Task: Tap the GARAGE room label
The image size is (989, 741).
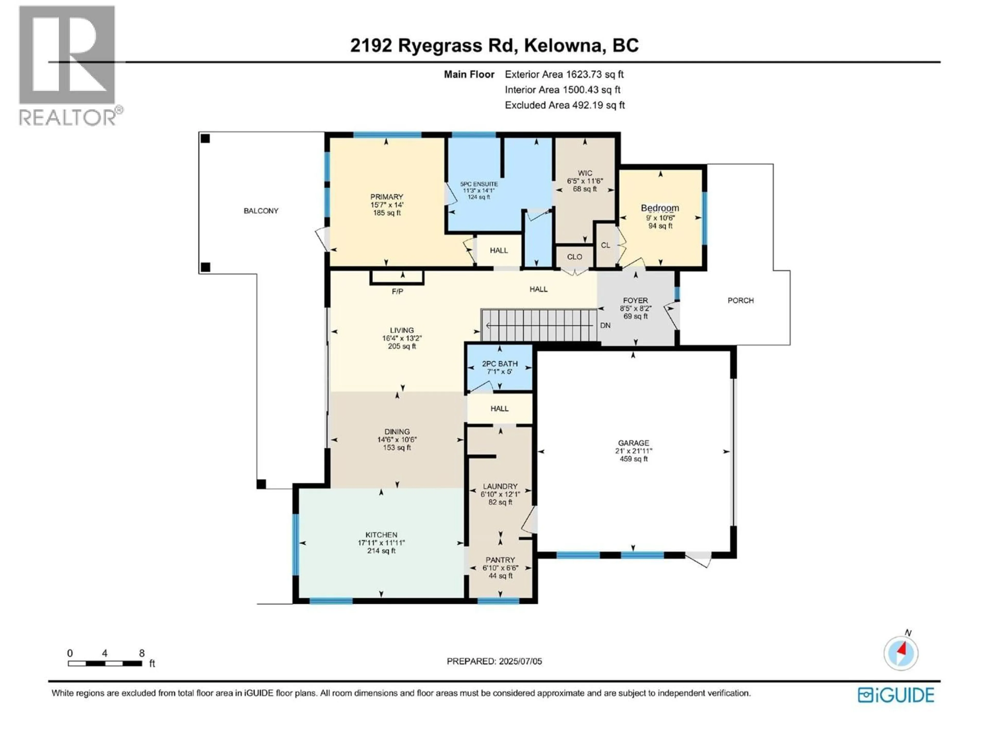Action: (633, 443)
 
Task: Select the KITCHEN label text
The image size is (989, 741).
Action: (381, 535)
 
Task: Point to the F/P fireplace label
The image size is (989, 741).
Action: (397, 292)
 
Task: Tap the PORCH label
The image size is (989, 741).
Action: (740, 301)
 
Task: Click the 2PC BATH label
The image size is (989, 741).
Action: (499, 364)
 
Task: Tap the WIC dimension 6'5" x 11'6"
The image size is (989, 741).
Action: (585, 181)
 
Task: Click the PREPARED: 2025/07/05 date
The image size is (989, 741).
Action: (494, 661)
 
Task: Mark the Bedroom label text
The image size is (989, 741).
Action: (660, 208)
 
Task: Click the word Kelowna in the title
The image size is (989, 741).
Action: (562, 46)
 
